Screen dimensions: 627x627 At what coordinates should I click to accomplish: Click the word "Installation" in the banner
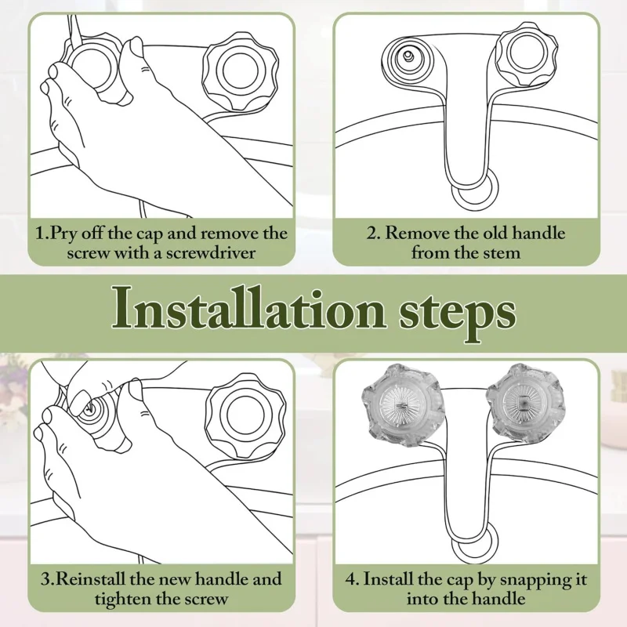248,309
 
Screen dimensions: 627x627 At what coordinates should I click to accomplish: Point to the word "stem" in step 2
502,253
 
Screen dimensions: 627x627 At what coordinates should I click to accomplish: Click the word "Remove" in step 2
418,233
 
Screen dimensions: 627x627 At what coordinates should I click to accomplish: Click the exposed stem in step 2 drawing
408,56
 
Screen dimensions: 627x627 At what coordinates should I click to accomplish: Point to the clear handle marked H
401,405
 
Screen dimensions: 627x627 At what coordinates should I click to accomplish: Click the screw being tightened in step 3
91,409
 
